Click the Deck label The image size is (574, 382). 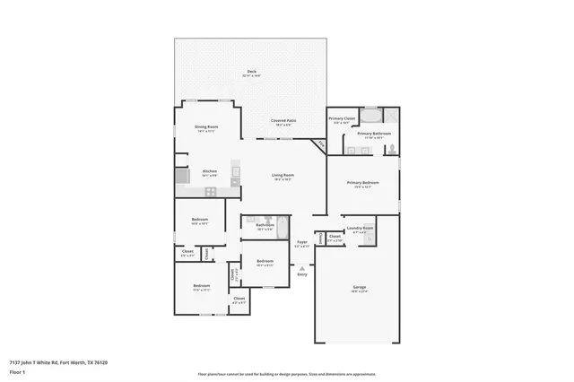(x=251, y=74)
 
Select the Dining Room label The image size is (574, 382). (x=206, y=128)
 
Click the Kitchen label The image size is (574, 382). (x=209, y=172)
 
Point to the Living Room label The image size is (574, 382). (x=286, y=178)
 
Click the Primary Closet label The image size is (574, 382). (x=342, y=120)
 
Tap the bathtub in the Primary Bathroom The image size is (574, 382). (x=373, y=115)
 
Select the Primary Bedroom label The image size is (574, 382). (x=362, y=184)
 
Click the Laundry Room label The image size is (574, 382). (x=360, y=230)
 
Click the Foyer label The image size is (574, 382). (x=303, y=242)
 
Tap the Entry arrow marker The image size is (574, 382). (x=302, y=266)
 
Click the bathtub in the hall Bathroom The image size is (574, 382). (x=281, y=225)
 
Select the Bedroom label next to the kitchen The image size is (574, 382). (x=199, y=221)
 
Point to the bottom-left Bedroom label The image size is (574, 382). (x=200, y=288)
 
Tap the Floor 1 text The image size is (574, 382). (x=16, y=370)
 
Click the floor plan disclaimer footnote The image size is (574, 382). (x=286, y=374)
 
